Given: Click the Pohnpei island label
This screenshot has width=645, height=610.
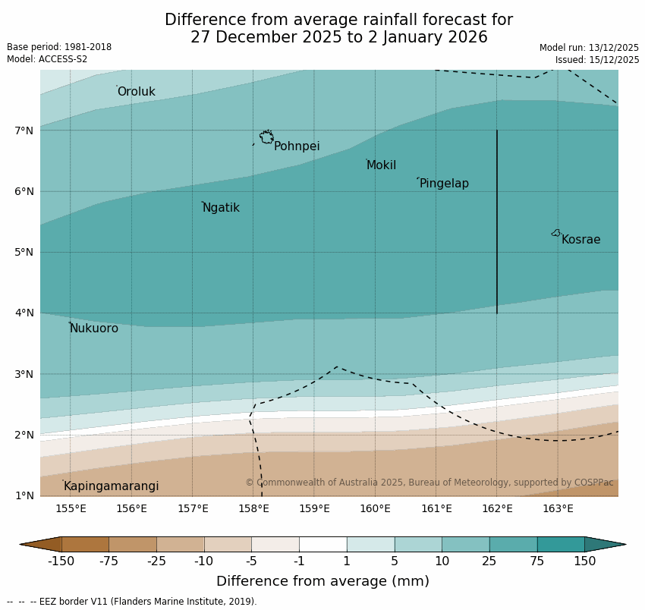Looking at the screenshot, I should click(x=297, y=146).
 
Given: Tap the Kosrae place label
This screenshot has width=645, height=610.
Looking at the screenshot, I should click(x=580, y=240).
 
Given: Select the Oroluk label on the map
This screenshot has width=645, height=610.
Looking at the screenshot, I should click(x=136, y=92).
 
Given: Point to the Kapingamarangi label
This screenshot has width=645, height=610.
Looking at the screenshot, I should click(x=111, y=486).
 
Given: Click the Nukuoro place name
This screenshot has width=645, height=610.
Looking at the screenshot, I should click(x=94, y=329).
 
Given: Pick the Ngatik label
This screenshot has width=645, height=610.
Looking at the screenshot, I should click(x=221, y=208).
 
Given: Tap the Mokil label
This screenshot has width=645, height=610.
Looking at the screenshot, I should click(x=381, y=165).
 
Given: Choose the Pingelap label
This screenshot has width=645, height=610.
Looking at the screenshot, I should click(x=444, y=184).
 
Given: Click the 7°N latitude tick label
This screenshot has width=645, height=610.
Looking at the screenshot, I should click(x=24, y=130).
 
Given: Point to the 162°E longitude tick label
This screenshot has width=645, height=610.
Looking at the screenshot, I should click(x=497, y=508).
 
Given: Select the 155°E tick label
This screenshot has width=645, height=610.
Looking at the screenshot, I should click(x=71, y=508).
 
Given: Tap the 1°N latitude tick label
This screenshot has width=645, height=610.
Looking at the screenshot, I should click(x=24, y=496).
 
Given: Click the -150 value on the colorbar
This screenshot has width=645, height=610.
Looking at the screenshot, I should click(x=61, y=561).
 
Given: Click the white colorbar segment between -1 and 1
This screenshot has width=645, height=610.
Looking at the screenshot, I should click(x=322, y=544).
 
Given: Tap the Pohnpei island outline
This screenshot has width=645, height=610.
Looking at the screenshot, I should click(x=266, y=137).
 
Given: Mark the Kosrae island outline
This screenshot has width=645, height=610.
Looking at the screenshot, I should click(x=556, y=233).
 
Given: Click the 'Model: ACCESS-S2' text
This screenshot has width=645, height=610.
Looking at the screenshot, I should click(x=47, y=59).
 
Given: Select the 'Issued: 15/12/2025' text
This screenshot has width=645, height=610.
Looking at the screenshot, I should click(x=596, y=60).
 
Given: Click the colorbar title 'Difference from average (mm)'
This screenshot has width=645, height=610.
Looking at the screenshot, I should click(x=322, y=582).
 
